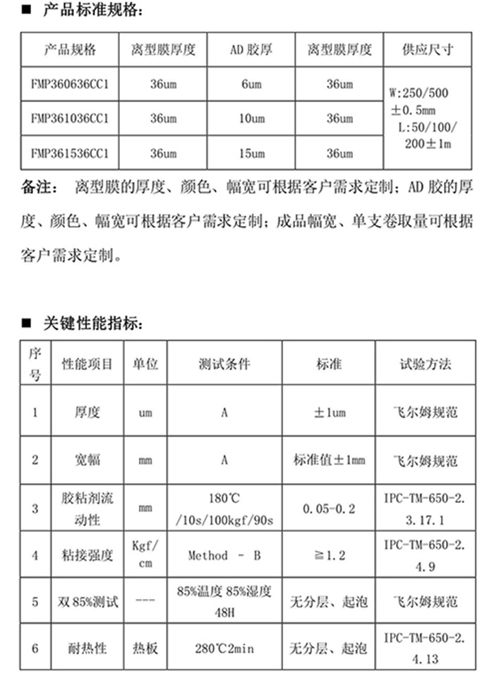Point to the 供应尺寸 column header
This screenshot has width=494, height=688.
[427, 51]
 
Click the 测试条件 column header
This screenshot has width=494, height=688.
[224, 364]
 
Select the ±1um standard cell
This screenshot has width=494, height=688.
[329, 412]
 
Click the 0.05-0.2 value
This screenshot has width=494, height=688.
[329, 509]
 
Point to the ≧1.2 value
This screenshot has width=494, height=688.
[329, 556]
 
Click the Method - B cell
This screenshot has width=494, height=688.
[224, 556]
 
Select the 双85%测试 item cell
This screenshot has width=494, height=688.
[88, 603]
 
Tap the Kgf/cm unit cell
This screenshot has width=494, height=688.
[145, 556]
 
